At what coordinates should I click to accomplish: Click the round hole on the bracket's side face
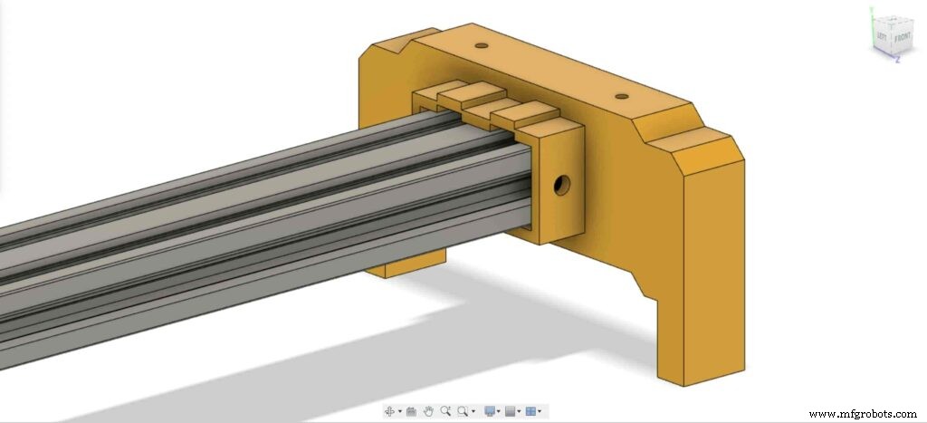pos(561,186)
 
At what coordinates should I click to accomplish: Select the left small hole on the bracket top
pos(481,44)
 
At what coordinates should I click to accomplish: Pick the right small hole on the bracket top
pos(620,95)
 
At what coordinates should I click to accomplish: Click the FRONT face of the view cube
pos(902,39)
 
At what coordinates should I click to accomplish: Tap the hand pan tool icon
pos(428,411)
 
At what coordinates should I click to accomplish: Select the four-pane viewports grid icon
pos(531,411)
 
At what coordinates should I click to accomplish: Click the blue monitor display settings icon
pos(490,411)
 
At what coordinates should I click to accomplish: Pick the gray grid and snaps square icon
pos(511,411)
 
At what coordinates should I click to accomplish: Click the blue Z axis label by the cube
pos(895,61)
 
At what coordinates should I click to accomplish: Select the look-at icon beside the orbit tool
pos(411,411)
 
